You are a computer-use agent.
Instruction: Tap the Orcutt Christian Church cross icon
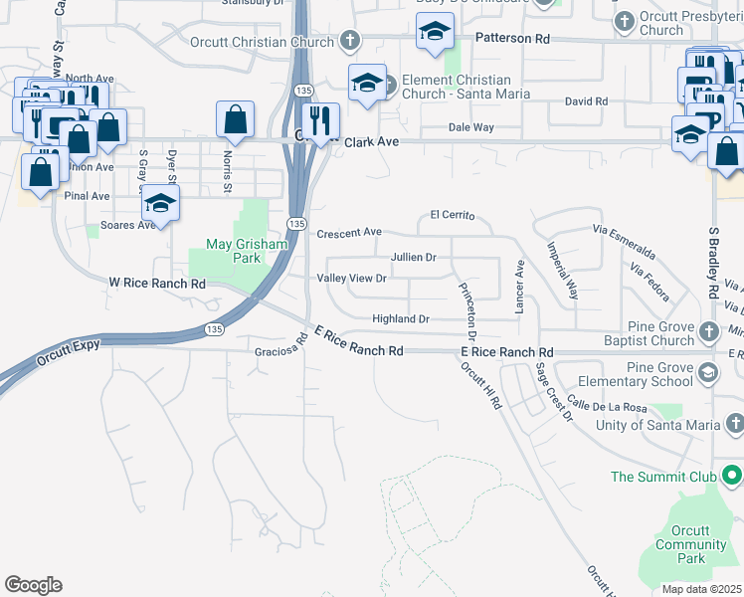click(349, 42)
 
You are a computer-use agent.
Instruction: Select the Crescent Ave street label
click(349, 233)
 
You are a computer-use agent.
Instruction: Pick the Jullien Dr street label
click(414, 257)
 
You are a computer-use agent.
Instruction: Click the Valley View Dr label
click(350, 279)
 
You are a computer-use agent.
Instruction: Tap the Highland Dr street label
click(400, 319)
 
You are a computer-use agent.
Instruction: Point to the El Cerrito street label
click(453, 215)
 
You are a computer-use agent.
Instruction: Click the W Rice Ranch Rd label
click(156, 284)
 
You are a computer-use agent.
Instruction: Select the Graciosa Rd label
click(278, 350)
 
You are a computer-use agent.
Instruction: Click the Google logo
click(33, 585)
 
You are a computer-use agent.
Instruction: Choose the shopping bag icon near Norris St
click(235, 119)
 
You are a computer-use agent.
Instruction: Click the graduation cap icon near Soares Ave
click(159, 204)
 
